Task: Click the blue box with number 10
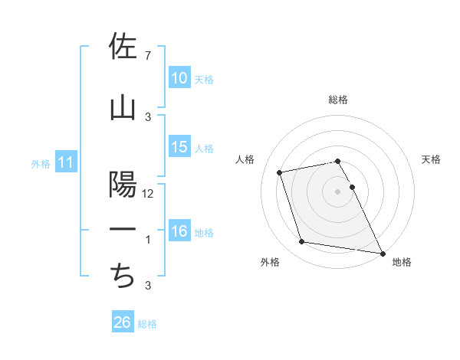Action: (179, 78)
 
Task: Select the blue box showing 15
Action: (179, 147)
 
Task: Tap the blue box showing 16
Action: (179, 231)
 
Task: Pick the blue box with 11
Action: (65, 162)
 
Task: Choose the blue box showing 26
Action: (123, 322)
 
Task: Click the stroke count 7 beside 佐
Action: (147, 56)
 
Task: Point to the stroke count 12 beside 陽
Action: (148, 194)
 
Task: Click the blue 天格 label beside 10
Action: (204, 80)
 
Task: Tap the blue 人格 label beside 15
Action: (204, 149)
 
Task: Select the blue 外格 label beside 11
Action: (40, 164)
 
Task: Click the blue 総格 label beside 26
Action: (147, 324)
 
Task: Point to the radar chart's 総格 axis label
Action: (337, 100)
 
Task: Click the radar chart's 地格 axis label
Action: (402, 262)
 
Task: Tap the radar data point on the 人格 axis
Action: (280, 172)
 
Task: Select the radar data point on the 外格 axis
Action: (302, 242)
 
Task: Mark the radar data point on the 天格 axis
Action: (352, 187)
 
